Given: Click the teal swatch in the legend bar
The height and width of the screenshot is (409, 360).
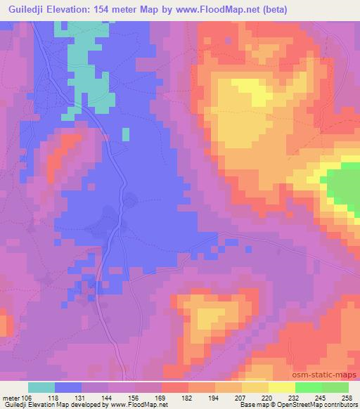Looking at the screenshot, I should click(x=41, y=387).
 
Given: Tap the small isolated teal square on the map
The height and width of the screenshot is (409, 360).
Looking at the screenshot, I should click(x=126, y=134).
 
